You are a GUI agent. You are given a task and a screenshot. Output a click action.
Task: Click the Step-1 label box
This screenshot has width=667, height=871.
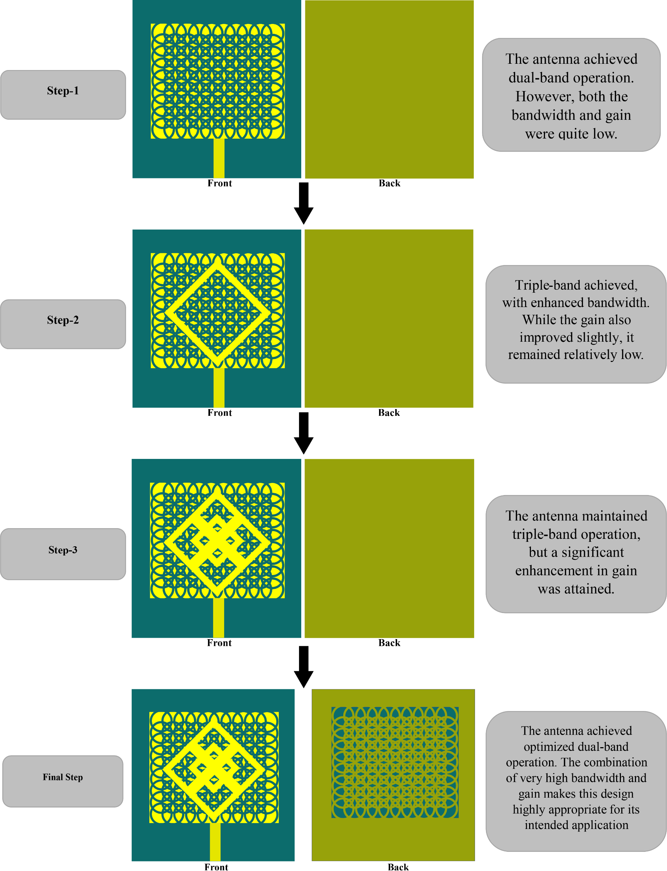point(63,95)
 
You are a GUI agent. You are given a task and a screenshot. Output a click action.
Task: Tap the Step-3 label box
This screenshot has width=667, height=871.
point(63,554)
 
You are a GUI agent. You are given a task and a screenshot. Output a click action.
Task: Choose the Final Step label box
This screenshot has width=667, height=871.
point(63,781)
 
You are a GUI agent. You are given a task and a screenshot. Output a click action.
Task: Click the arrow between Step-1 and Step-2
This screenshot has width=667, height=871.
point(304,203)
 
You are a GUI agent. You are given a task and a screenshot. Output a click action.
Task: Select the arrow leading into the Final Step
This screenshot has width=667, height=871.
point(304,666)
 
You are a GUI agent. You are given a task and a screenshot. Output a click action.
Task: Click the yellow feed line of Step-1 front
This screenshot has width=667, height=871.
point(219,158)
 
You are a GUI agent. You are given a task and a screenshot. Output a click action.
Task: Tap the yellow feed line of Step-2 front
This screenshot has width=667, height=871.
point(219,387)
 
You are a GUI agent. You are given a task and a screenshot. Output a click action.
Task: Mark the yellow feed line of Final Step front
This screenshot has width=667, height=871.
point(215,841)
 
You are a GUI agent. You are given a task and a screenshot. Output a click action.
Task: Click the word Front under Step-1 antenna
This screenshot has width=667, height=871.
point(219,183)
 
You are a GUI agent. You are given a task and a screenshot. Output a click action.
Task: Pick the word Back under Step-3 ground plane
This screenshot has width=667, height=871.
point(389,642)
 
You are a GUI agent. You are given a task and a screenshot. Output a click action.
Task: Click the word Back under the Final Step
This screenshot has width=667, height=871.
point(398,867)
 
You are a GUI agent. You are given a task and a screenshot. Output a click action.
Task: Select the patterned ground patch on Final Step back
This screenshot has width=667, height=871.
point(395,762)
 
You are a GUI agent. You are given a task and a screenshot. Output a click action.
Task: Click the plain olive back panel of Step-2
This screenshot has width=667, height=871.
point(389,318)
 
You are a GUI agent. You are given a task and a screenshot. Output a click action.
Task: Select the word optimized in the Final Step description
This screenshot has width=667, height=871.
point(546,746)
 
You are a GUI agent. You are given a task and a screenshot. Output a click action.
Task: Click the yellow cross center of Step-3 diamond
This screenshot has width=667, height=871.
point(217,540)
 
